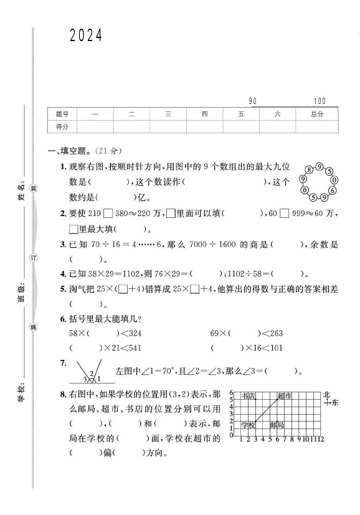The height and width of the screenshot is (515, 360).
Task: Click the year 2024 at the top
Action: (85, 36)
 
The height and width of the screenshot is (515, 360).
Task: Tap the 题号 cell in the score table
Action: (62, 114)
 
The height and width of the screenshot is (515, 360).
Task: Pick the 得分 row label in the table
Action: (62, 126)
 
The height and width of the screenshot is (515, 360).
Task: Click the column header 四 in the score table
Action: (205, 114)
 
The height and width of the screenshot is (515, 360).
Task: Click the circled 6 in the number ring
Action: (333, 190)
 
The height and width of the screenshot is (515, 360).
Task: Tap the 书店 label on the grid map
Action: (249, 396)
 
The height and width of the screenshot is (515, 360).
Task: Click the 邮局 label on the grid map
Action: (277, 425)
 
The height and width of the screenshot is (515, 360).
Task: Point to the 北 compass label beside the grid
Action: (326, 395)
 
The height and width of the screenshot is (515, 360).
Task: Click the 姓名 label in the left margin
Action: (22, 187)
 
